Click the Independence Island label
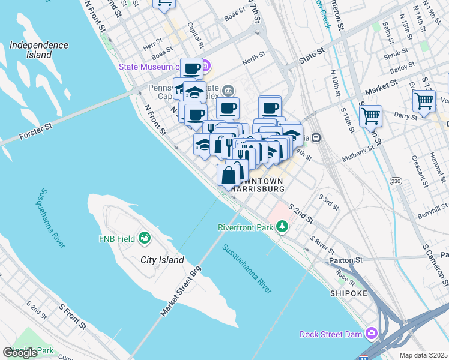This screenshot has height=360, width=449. (x=39, y=50)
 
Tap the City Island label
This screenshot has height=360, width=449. (x=162, y=260)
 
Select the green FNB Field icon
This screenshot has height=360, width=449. (x=144, y=239)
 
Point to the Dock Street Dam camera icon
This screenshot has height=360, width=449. (x=372, y=332)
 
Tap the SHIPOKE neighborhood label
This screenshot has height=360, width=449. (x=348, y=293)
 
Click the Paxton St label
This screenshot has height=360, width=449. (x=346, y=260)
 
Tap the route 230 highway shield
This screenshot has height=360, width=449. (x=396, y=181)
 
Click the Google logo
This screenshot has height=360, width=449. (x=20, y=353)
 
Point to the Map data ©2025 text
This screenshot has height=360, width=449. (x=424, y=355)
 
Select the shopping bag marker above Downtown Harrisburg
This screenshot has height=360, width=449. (x=229, y=176)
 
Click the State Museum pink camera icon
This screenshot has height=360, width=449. (x=206, y=65)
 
